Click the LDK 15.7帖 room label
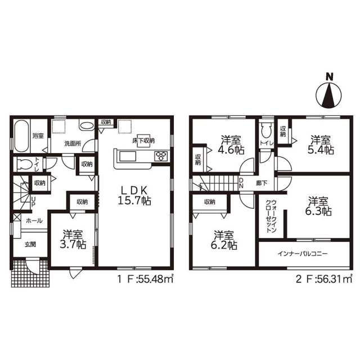134,195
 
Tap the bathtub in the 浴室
21,136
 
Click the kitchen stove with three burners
161,156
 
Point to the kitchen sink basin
128,156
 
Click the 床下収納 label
143,141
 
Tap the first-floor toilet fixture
25,164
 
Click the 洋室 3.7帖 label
73,240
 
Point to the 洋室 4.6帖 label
231,145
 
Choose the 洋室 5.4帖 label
321,145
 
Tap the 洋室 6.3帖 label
318,206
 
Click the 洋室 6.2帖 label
224,240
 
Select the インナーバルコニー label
303,254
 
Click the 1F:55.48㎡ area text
145,279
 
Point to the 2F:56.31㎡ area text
324,279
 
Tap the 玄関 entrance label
30,245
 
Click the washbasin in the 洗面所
87,125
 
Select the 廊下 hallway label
262,183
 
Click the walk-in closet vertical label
271,216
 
